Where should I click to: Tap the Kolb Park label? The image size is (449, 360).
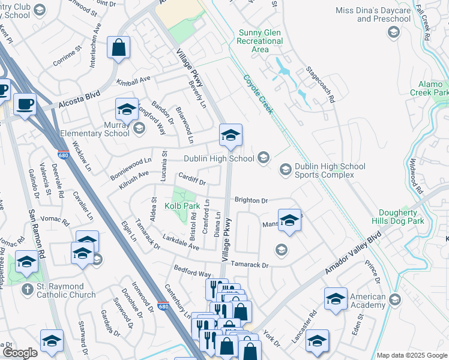(x=182, y=206)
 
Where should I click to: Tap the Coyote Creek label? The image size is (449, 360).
(x=259, y=94)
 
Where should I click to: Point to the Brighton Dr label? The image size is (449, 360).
(x=250, y=200)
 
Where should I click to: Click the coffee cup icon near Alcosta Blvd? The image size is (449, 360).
(x=25, y=104)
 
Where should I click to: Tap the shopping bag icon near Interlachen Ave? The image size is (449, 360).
(x=119, y=48)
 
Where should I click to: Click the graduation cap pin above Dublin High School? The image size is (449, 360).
(x=231, y=136)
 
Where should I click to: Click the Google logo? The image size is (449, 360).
(x=20, y=353)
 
